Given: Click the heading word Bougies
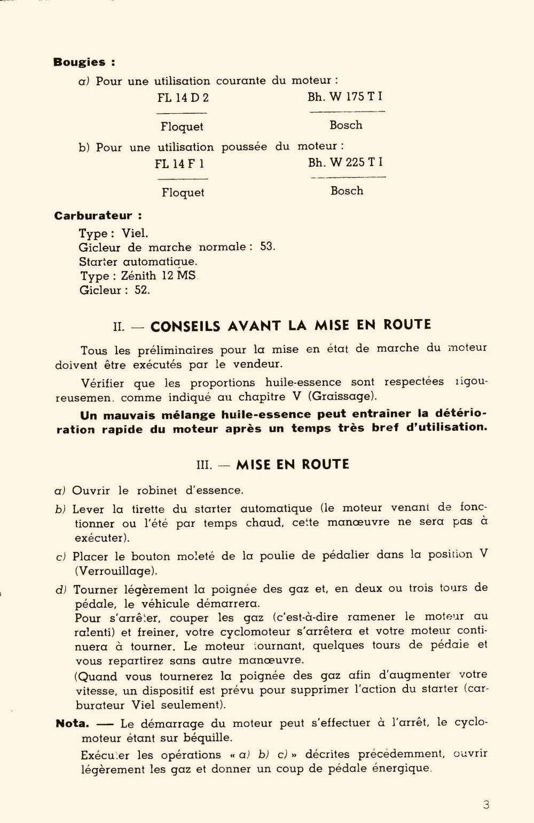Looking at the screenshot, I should tap(79, 62).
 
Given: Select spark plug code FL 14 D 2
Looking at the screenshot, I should tap(183, 98).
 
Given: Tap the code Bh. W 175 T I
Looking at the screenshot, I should tap(345, 97).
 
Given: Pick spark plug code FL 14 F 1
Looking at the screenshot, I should tap(179, 163).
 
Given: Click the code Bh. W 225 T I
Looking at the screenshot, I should tap(345, 162).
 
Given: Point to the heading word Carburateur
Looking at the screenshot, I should tap(93, 216).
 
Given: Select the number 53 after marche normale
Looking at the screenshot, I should tap(267, 247).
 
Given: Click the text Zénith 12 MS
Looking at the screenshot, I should tap(159, 276).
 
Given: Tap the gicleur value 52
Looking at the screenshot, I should tap(142, 290).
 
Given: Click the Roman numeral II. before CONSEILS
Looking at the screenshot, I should tap(119, 327).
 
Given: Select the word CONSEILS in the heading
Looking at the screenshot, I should tap(186, 326).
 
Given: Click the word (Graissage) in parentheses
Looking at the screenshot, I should tap(342, 397).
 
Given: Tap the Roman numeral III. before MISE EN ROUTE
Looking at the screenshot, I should tap(205, 465).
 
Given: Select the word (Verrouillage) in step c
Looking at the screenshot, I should tap(116, 571).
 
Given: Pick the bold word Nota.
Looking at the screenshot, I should tap(72, 724).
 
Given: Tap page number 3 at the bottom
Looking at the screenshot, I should tap(486, 805).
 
